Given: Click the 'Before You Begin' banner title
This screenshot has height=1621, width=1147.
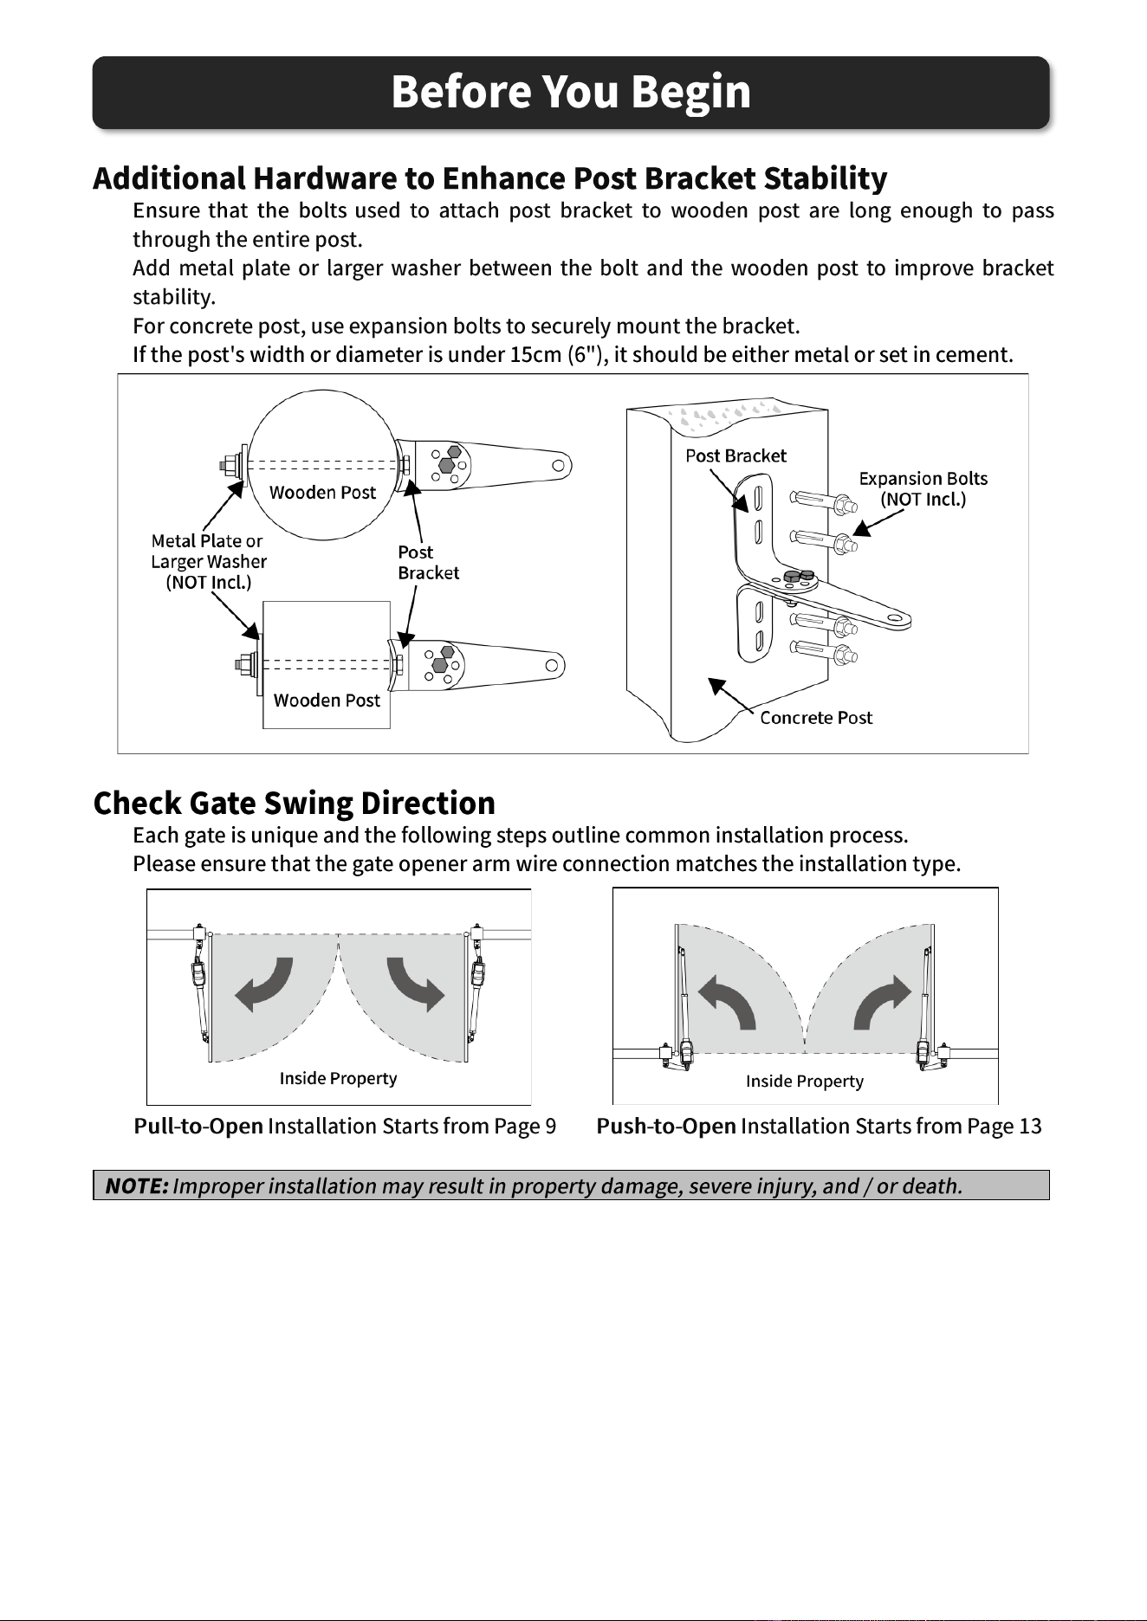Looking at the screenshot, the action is point(571,92).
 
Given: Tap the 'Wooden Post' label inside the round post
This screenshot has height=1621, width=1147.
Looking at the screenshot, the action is point(322,493).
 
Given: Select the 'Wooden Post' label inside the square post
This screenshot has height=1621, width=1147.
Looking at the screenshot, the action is point(327,701).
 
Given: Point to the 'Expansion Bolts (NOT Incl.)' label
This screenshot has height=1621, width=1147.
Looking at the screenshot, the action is point(923,489).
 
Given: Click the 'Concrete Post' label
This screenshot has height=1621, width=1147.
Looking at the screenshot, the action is point(816,718).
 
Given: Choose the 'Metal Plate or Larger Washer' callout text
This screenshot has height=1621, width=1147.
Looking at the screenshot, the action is point(209,561).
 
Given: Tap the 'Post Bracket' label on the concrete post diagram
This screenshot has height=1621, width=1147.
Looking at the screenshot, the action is point(736,455).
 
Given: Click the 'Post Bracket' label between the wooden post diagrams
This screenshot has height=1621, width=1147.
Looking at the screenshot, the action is point(428,563).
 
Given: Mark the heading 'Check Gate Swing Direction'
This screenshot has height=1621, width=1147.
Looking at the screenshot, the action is point(295,804).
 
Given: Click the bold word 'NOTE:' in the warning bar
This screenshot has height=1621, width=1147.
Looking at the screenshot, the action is point(137,1185).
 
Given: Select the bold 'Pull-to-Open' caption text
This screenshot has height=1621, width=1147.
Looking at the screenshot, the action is point(198,1127).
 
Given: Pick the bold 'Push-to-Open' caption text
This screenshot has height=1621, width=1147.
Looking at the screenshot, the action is point(666,1127).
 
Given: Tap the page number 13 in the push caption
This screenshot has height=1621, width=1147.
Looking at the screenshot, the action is point(1030,1127).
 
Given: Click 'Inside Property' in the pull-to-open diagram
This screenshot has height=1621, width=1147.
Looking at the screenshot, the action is point(338,1078).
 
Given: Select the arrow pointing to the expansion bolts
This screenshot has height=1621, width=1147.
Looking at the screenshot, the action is point(878,522).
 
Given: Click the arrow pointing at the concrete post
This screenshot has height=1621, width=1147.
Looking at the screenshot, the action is point(732,694).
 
